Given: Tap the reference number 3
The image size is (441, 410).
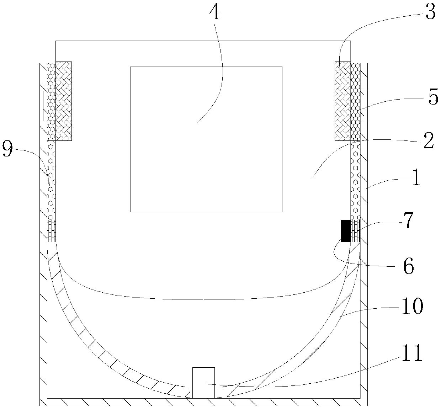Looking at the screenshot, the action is coord(430,13).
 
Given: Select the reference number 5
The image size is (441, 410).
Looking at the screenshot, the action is coord(433,97).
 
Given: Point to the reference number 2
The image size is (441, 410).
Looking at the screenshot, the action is coord(429,141).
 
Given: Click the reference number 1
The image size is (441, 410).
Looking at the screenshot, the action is coord(416,177).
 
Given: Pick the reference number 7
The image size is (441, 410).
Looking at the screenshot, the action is coord(408,220).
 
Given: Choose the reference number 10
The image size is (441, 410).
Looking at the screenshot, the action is coord(412,306).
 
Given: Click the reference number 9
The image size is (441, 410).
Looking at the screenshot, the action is coord(7,149).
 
